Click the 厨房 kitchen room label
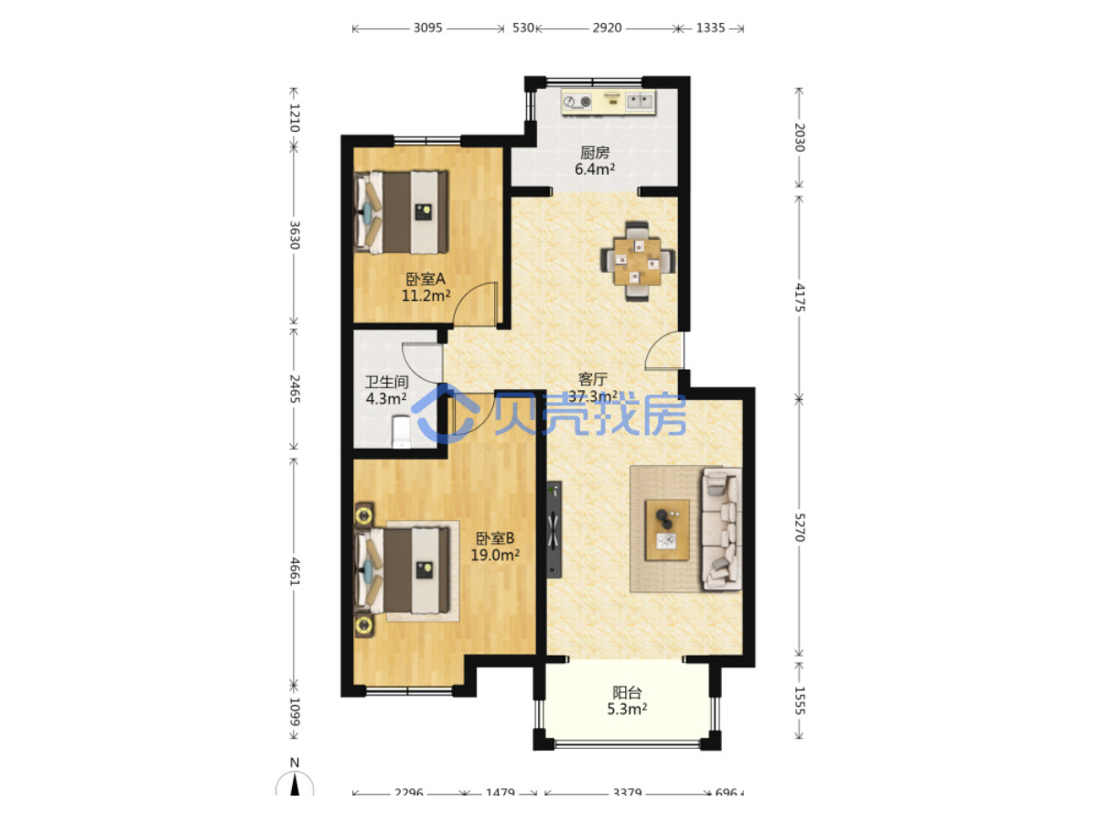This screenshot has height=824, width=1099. click(x=595, y=152)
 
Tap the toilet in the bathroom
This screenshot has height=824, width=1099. click(x=402, y=432)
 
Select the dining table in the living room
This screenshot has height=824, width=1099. click(x=638, y=262)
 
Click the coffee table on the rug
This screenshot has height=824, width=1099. click(x=667, y=529)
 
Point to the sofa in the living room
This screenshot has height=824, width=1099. click(x=721, y=528)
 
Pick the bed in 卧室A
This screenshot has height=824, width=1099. click(x=401, y=212)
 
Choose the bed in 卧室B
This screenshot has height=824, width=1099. click(x=401, y=570)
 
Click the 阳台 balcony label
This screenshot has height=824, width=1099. click(x=627, y=692)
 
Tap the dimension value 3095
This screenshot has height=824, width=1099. click(x=427, y=28)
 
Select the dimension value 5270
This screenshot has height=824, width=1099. click(x=799, y=527)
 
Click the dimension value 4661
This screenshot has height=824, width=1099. click(x=295, y=571)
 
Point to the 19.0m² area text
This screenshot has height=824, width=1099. click(x=495, y=555)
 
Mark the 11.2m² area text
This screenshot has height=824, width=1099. click(x=426, y=296)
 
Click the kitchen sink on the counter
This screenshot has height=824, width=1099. click(x=641, y=102)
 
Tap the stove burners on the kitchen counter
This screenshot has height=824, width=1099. click(x=577, y=102)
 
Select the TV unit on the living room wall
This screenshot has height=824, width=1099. click(x=554, y=529)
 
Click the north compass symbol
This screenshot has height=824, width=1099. click(x=295, y=780)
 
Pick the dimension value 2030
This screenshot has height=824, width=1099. click(x=799, y=137)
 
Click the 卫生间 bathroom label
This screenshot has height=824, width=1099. click(x=386, y=382)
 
